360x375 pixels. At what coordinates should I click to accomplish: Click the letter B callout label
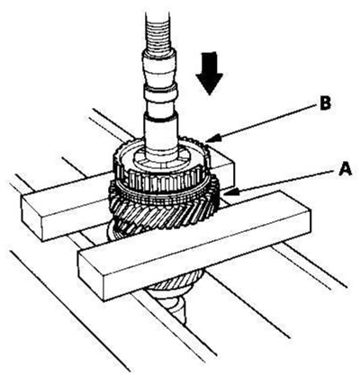click(x=325, y=104)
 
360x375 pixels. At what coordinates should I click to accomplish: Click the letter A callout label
click(x=345, y=169)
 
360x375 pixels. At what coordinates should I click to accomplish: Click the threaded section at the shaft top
click(x=159, y=30)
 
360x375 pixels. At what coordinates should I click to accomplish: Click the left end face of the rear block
click(x=31, y=218)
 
